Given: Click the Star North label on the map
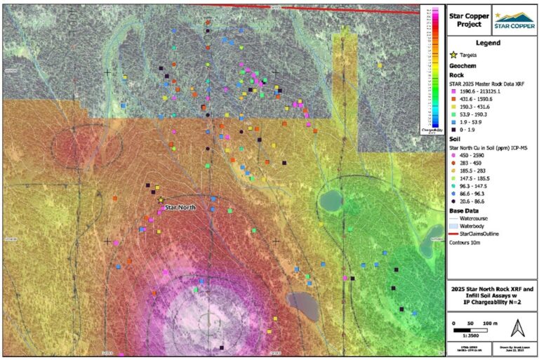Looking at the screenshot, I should (180, 208).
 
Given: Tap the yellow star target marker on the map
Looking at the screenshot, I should (160, 200).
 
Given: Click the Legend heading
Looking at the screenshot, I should (492, 41).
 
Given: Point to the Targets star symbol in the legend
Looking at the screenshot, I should (453, 53).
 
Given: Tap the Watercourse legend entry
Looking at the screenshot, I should (474, 218).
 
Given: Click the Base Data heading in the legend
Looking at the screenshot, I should (464, 211).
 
